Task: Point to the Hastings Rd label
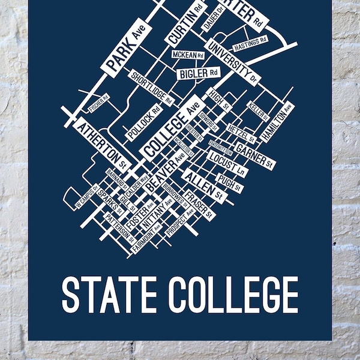point(250,43)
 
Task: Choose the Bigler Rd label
point(198,73)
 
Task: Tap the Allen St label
point(203,185)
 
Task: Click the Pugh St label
point(229,183)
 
